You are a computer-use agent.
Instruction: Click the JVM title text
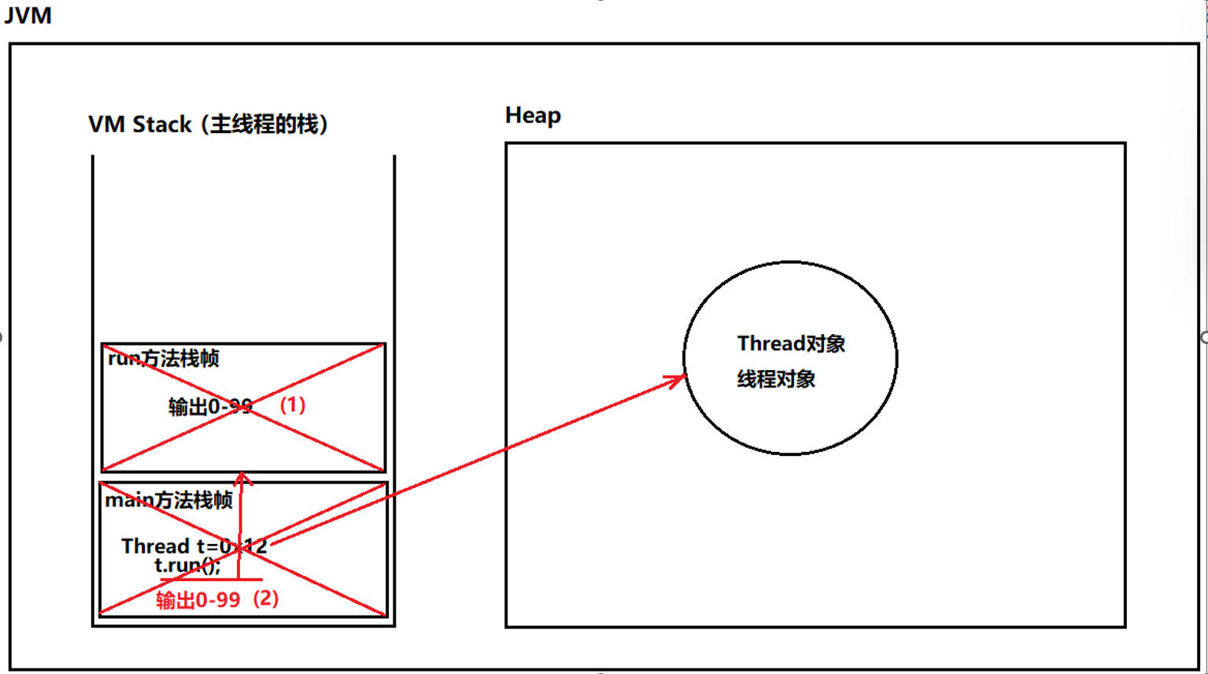(x=28, y=16)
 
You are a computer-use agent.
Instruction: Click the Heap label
(x=533, y=116)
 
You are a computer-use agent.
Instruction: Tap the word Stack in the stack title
(x=162, y=124)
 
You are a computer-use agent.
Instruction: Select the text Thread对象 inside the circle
(x=791, y=344)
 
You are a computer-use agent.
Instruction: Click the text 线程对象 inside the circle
(x=776, y=380)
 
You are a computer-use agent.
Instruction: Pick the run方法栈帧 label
(x=164, y=359)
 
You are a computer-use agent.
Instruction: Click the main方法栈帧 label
(x=169, y=501)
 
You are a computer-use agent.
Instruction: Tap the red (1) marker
(x=293, y=405)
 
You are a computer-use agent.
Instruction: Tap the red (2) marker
(x=266, y=598)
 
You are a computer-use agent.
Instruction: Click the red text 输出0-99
(x=198, y=600)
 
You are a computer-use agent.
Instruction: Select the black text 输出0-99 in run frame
(x=210, y=407)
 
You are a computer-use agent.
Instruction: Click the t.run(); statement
(x=187, y=565)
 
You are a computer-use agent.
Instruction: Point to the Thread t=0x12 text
(x=194, y=546)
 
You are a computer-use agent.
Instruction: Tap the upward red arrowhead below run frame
(x=242, y=478)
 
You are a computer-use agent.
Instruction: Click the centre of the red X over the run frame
(x=243, y=408)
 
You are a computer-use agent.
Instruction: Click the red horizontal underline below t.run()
(x=211, y=580)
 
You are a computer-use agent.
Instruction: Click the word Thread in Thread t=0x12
(x=155, y=546)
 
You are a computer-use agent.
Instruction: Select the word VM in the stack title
(x=106, y=124)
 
